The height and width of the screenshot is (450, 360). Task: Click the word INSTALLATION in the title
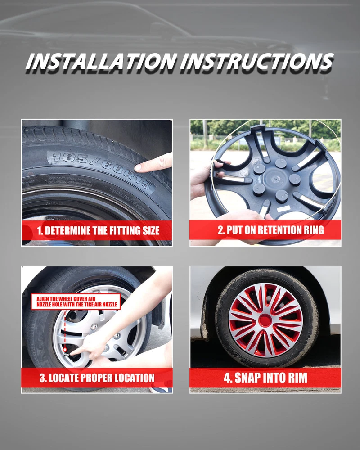click(x=101, y=61)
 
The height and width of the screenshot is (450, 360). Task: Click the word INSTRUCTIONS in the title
click(x=257, y=61)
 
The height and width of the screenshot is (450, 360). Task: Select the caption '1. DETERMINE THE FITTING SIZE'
click(x=98, y=231)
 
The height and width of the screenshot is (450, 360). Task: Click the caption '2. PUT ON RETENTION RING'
click(x=271, y=230)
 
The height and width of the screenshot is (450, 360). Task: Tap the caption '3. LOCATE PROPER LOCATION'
click(x=97, y=378)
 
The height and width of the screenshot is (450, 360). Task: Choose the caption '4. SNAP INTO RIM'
click(x=265, y=378)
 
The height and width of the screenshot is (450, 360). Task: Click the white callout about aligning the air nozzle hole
click(x=76, y=301)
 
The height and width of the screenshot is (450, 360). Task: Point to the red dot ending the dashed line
click(x=65, y=350)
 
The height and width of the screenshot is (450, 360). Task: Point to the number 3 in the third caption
click(x=42, y=378)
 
